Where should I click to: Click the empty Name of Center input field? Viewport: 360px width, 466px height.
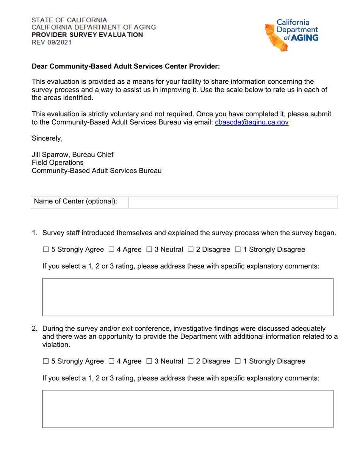click(233, 202)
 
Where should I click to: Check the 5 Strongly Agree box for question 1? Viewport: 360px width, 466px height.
click(46, 250)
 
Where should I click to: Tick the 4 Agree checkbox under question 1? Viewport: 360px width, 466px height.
click(111, 250)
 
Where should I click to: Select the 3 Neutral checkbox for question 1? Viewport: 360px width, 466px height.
click(149, 250)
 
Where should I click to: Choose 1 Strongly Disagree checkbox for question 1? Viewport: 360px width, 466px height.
click(238, 250)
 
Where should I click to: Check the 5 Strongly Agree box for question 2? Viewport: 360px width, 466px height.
click(46, 361)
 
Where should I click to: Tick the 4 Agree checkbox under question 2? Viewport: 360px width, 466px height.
click(111, 361)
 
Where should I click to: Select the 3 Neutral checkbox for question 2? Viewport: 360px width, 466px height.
click(149, 361)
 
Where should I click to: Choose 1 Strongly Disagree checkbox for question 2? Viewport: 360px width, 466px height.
click(238, 361)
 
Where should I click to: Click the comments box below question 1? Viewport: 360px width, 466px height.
click(188, 297)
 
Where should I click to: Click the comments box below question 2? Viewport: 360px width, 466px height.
click(188, 409)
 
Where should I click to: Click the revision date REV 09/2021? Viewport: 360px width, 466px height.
click(51, 42)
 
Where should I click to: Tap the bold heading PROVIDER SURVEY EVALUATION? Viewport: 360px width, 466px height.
click(87, 35)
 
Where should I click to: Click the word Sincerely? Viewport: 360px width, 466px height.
click(47, 138)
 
